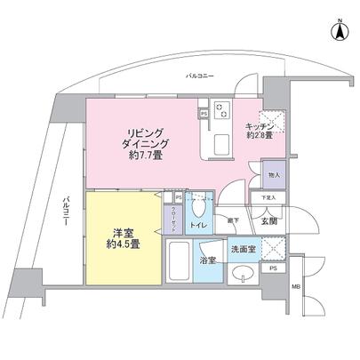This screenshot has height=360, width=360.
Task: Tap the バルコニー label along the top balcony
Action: click(198, 77)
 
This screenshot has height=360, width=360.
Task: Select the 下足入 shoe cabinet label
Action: click(268, 197)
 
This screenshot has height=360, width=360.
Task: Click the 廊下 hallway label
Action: click(233, 219)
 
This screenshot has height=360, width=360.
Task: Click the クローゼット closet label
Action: click(172, 214)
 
